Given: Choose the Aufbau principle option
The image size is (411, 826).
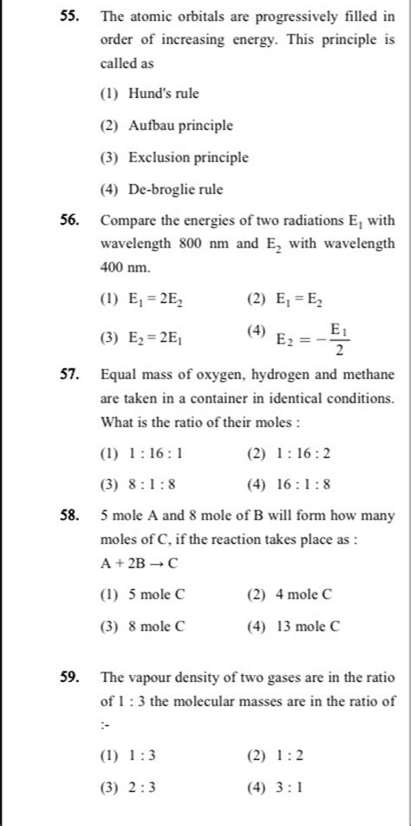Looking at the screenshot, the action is tap(180, 125).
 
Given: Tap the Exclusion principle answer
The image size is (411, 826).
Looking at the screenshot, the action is tap(188, 157).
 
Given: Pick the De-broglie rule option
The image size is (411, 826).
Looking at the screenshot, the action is tap(175, 188).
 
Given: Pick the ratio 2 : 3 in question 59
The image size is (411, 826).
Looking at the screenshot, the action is tap(141, 788).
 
